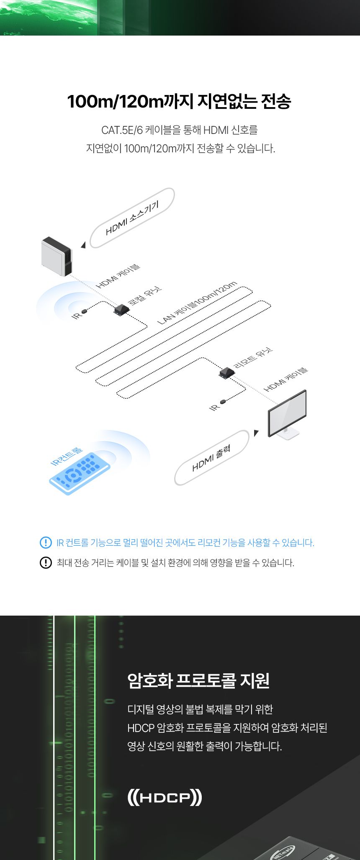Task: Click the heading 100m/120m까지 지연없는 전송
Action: point(179,102)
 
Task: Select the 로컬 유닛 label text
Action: point(145,296)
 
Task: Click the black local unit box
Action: point(121,310)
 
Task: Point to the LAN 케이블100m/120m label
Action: point(197,303)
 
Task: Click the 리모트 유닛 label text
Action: point(253,358)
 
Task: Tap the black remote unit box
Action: point(226,372)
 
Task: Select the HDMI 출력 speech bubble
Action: point(212,458)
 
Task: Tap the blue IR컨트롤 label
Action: point(67,457)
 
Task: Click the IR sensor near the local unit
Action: point(85,311)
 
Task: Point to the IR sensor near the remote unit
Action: point(223,402)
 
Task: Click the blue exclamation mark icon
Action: point(46,542)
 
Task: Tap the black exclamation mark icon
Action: point(46,562)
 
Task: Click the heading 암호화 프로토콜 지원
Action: point(198,680)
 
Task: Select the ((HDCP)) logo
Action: point(165,797)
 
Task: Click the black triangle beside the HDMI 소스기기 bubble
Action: point(83,245)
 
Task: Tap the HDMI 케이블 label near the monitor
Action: point(285,380)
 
